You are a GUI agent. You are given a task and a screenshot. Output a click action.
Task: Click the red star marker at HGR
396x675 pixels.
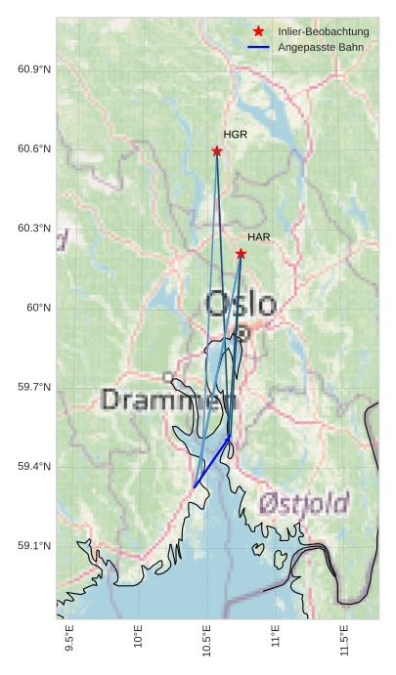217,150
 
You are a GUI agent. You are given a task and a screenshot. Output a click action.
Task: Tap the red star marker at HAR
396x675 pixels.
241,254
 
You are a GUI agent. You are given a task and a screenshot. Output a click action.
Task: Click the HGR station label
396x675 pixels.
235,135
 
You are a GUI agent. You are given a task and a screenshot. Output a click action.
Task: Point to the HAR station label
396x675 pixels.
258,237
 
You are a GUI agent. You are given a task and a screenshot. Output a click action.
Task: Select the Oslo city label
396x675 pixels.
240,304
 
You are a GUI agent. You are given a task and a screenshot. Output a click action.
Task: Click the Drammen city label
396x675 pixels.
168,400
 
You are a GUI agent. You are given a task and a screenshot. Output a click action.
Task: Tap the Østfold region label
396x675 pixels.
304,504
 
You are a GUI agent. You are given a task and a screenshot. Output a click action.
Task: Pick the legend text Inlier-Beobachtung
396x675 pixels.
323,31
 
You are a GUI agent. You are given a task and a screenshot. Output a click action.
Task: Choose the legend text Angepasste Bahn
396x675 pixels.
320,47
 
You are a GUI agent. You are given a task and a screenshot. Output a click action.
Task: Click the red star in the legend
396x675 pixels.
258,31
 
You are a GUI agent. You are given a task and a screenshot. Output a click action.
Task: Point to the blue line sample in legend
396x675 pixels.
258,47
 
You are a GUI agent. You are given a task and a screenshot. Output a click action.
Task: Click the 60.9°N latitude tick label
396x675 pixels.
34,69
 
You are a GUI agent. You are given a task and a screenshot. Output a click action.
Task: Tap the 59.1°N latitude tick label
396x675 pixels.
34,546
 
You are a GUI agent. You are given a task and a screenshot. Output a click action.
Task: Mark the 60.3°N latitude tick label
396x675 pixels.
34,229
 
